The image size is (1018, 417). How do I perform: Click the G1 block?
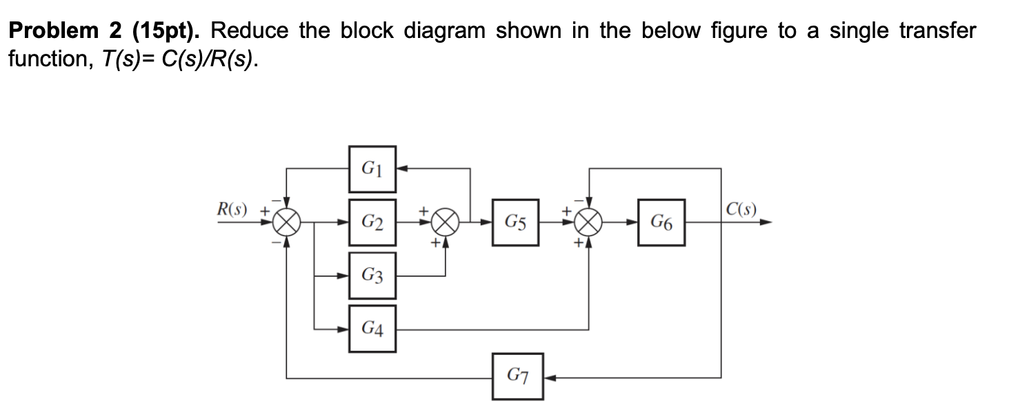[372, 168]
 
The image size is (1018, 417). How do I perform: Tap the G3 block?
[372, 276]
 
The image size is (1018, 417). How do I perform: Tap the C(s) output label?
[742, 209]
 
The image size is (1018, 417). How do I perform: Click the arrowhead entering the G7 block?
[548, 377]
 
